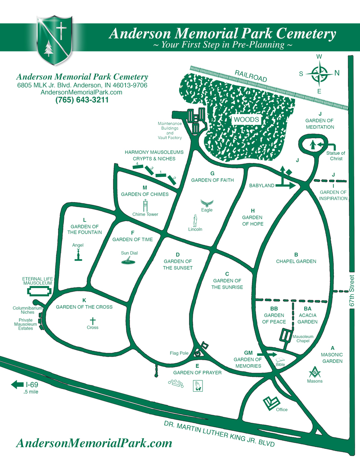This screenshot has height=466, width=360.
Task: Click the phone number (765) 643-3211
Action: [x=82, y=100]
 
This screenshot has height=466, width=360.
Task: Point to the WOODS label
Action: [x=246, y=119]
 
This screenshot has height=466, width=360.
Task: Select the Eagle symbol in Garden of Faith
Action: [x=207, y=203]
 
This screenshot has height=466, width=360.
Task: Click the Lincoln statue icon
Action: [x=195, y=221]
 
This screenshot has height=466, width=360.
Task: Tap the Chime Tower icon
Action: [x=145, y=206]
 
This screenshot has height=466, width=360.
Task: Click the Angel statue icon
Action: [x=78, y=254]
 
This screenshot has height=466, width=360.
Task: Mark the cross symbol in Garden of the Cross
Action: [x=93, y=321]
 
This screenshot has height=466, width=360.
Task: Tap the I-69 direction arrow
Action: [x=17, y=384]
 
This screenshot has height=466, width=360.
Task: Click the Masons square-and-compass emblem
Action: [x=315, y=372]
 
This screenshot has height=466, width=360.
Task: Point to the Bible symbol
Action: [x=280, y=359]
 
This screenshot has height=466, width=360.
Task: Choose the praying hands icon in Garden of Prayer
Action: [x=197, y=385]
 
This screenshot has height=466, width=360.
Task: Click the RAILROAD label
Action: [x=250, y=76]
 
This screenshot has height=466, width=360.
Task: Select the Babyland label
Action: [x=261, y=185]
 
